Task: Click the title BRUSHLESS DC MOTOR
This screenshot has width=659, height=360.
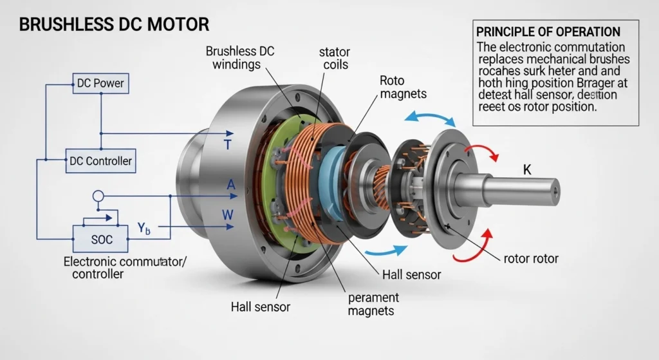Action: [x=114, y=25]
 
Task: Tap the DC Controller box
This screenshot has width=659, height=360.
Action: [x=100, y=161]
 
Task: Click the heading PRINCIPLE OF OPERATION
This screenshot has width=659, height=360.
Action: [x=547, y=32]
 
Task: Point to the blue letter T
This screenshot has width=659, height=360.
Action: [x=227, y=146]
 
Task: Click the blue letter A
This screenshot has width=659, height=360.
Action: [x=231, y=185]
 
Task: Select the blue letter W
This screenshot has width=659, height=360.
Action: [x=227, y=214]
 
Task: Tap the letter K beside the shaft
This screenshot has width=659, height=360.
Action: [x=527, y=171]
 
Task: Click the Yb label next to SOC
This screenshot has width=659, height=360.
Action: [x=144, y=227]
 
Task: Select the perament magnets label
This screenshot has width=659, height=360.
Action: [x=373, y=304]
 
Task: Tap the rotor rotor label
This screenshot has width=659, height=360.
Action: [x=531, y=259]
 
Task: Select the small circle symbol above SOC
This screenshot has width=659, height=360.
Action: [x=98, y=196]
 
